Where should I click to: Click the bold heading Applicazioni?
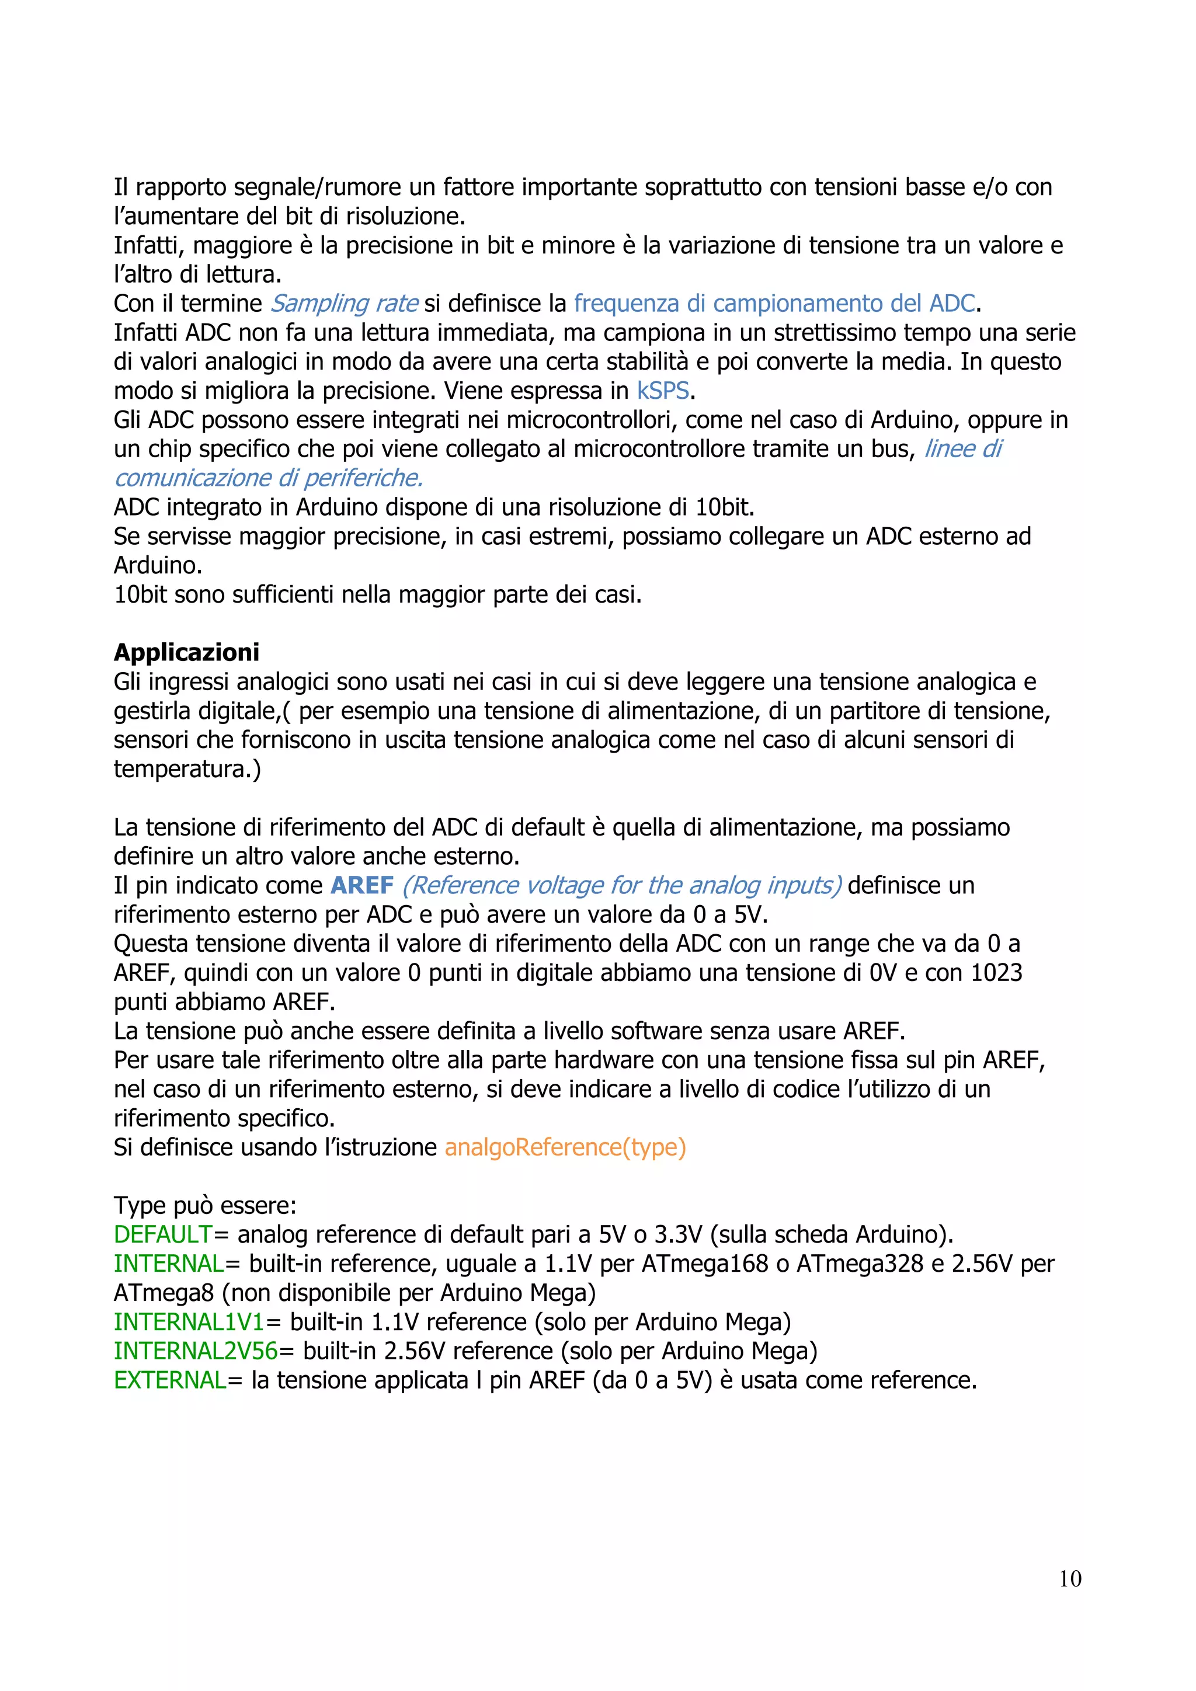[x=186, y=653]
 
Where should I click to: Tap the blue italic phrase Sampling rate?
[x=344, y=304]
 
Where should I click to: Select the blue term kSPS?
[x=663, y=391]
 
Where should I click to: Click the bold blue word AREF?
[x=362, y=885]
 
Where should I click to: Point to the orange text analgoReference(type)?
[x=565, y=1147]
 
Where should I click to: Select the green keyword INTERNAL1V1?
[x=189, y=1322]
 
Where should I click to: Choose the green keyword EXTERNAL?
[x=170, y=1380]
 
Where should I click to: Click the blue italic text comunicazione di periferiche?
[x=268, y=478]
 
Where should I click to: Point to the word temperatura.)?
[x=187, y=769]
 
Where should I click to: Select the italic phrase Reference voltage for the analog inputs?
[x=621, y=885]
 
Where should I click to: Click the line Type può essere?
[x=205, y=1206]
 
